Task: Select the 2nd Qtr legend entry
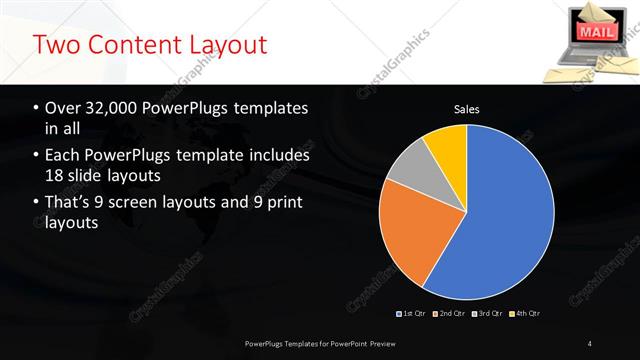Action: [x=451, y=314]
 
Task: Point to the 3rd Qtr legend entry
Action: [x=488, y=314]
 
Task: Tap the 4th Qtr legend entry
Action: [x=526, y=314]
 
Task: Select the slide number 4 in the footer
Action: [x=590, y=344]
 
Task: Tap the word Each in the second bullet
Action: [x=63, y=156]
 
